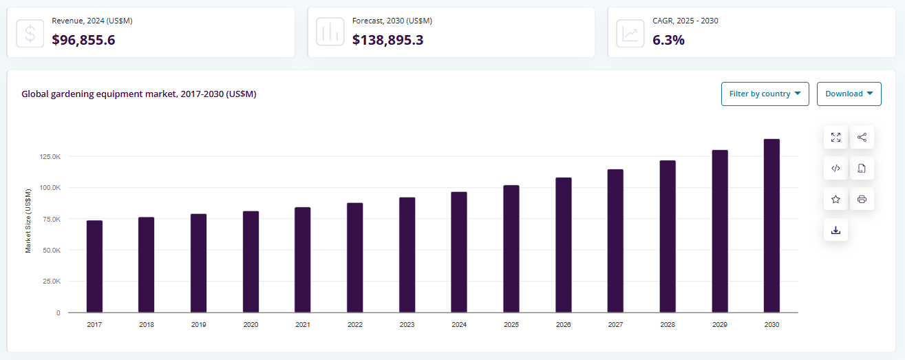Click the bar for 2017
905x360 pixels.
point(94,266)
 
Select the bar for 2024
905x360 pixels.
point(459,252)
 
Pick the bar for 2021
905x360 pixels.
point(303,260)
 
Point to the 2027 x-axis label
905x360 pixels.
point(615,324)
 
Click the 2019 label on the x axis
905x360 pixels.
point(198,324)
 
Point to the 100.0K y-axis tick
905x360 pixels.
point(50,188)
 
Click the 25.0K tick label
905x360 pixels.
point(52,282)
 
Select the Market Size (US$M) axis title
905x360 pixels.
point(28,220)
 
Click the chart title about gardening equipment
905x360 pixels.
point(138,94)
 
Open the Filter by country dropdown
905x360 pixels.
point(765,94)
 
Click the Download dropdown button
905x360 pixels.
point(849,94)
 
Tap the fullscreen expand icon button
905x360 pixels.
point(835,137)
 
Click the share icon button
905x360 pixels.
point(862,137)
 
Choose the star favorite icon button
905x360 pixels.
point(835,200)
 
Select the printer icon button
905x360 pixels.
point(862,200)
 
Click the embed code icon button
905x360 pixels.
point(835,168)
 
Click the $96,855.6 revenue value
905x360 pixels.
point(83,40)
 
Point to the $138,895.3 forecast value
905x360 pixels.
point(387,40)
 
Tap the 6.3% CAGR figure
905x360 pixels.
point(668,40)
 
